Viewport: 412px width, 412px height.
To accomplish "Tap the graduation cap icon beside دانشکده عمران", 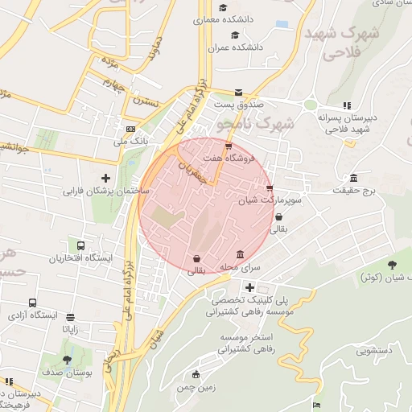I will pyautogui.click(x=234, y=35).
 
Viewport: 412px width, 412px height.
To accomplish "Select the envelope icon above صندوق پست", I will pyautogui.click(x=237, y=93).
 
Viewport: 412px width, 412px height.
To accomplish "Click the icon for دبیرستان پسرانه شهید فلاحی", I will pyautogui.click(x=347, y=105).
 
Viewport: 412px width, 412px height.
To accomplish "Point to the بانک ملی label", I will pyautogui.click(x=112, y=142).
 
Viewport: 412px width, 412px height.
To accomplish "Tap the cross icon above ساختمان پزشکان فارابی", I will pyautogui.click(x=105, y=177).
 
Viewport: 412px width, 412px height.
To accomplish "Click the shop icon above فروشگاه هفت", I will pyautogui.click(x=229, y=146).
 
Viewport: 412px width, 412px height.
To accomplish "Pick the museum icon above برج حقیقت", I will pyautogui.click(x=353, y=178).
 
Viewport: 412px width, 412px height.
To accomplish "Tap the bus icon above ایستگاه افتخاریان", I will pyautogui.click(x=80, y=245).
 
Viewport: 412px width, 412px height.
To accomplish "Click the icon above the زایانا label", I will pyautogui.click(x=72, y=317).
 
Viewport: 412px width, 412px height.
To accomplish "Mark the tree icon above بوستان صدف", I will pyautogui.click(x=67, y=359).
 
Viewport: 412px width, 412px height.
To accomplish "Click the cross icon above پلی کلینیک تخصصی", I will pyautogui.click(x=250, y=286).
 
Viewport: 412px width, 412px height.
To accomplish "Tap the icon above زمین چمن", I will pyautogui.click(x=196, y=374).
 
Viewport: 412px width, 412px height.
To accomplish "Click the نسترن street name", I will pyautogui.click(x=147, y=101).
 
